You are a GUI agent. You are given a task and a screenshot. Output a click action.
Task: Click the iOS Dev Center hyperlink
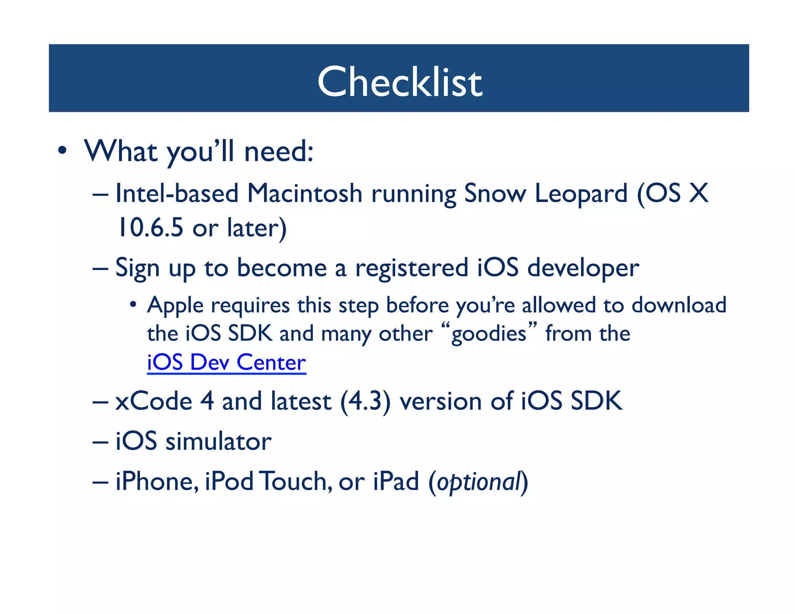tap(226, 363)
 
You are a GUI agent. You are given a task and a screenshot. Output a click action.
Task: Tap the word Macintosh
tap(305, 193)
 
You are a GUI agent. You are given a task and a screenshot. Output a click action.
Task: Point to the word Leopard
tap(581, 194)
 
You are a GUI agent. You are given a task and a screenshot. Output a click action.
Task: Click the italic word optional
tap(478, 482)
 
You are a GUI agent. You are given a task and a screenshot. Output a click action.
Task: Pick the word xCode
tap(154, 401)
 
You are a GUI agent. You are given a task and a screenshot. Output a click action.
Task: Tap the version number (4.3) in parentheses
tap(365, 401)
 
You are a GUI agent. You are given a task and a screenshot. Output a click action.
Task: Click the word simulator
tap(218, 442)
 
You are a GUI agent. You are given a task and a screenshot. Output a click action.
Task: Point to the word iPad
tap(396, 481)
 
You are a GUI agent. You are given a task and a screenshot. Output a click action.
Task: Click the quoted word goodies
tap(489, 334)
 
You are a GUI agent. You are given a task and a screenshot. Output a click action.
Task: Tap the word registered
tap(411, 268)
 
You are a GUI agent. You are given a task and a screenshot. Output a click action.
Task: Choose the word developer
tap(583, 269)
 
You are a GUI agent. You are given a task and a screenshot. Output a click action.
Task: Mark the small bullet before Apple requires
tap(133, 304)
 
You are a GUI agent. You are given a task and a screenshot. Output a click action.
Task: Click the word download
tap(679, 305)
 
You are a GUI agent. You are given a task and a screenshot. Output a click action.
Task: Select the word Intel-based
tap(177, 193)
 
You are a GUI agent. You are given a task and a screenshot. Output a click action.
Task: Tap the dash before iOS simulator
tap(101, 442)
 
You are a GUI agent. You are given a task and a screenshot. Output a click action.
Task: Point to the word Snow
tap(495, 193)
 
